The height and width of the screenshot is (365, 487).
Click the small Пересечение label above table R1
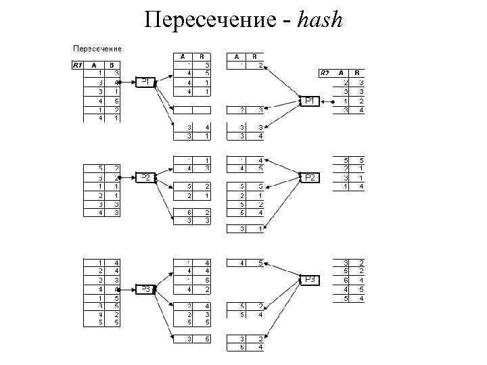(x=97, y=48)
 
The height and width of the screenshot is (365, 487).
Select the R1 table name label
(x=76, y=66)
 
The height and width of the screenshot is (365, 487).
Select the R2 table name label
(x=325, y=72)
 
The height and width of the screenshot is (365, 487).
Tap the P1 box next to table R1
(x=145, y=81)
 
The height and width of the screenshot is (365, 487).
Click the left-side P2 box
(x=145, y=177)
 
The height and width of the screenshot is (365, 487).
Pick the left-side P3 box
(x=145, y=289)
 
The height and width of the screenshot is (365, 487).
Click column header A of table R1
(x=99, y=66)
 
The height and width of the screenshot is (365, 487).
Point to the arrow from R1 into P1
(x=128, y=82)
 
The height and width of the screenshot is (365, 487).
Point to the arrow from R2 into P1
(x=326, y=101)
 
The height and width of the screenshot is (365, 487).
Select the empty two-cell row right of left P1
(x=193, y=109)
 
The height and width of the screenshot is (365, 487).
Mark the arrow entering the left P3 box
(x=128, y=289)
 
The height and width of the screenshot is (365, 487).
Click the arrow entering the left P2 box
(x=128, y=178)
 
